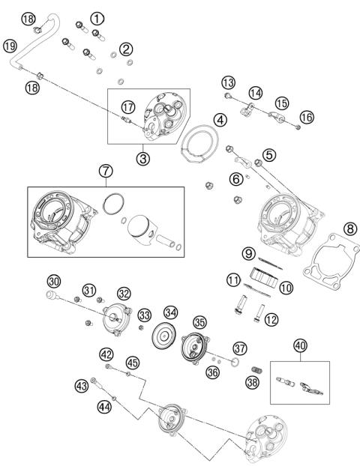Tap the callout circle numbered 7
104,171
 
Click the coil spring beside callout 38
257,370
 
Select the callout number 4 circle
219,120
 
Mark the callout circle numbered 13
227,82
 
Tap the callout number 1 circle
97,17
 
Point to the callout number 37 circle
239,348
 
